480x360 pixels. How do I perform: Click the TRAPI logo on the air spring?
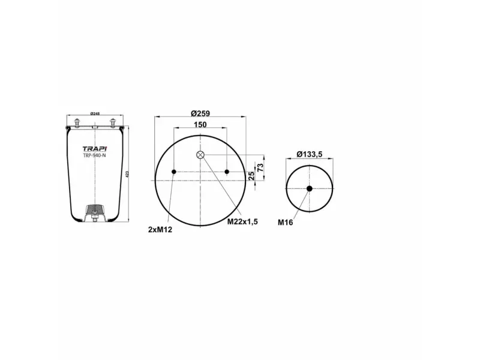point(94,148)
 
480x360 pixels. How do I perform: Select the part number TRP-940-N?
point(94,156)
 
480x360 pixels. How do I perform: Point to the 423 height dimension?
point(127,174)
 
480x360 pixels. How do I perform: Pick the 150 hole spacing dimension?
point(200,124)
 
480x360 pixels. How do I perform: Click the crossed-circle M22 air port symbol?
point(200,155)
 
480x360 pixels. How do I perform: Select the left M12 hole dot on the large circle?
point(174,172)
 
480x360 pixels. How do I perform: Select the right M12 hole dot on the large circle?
point(227,172)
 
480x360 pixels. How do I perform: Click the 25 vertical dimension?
point(251,176)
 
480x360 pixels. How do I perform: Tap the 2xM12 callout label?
point(160,229)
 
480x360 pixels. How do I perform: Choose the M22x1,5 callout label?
point(242,222)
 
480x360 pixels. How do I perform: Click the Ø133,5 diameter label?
point(310,154)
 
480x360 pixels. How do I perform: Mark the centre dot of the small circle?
point(310,189)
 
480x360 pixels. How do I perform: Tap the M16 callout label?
point(285,222)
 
